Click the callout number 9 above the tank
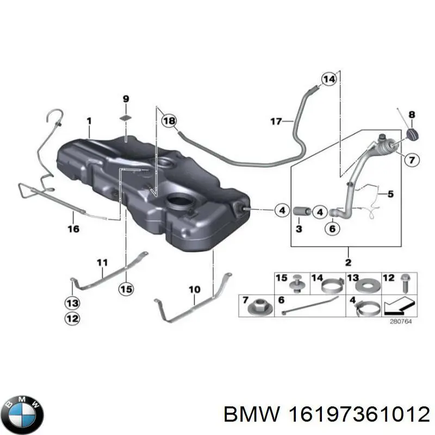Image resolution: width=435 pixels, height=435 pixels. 126,99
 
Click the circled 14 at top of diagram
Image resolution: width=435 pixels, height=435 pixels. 328,79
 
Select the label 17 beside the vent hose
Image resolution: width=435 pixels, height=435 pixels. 276,121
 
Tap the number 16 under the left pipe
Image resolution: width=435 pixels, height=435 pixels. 73,229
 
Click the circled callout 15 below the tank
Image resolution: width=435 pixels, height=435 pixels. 126,289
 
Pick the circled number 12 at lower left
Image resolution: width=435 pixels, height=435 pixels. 72,318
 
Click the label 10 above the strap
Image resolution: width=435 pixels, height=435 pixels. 194,290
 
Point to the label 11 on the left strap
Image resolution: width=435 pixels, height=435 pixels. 103,263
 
